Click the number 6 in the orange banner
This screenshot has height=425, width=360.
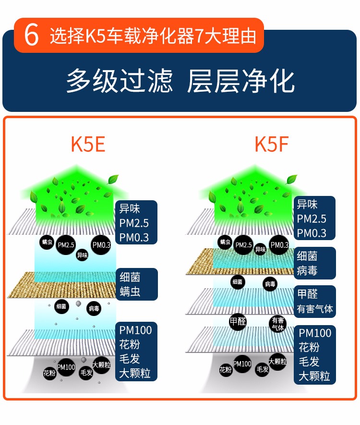(x=31, y=36)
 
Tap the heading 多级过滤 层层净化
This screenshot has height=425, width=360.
(x=180, y=80)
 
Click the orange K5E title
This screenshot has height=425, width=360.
(x=88, y=144)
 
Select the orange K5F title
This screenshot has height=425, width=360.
(x=271, y=144)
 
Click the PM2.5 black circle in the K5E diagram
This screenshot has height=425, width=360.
(x=66, y=245)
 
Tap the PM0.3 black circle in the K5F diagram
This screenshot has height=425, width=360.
(x=279, y=245)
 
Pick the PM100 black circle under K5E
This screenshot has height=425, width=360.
(x=66, y=367)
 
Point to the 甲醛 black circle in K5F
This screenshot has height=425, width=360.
(x=238, y=321)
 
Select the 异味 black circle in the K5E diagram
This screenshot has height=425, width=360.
(x=83, y=255)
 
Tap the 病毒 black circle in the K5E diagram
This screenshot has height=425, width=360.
(x=94, y=308)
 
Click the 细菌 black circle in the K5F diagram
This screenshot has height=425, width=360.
(x=238, y=282)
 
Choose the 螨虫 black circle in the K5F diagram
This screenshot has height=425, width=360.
(x=225, y=242)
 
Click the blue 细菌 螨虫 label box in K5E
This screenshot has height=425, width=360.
(x=136, y=284)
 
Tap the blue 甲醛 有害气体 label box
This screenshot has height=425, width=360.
(x=314, y=301)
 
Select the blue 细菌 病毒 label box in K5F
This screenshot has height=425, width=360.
(x=314, y=263)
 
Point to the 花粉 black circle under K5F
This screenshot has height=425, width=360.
(x=226, y=370)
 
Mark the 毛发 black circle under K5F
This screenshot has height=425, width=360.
(x=262, y=369)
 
